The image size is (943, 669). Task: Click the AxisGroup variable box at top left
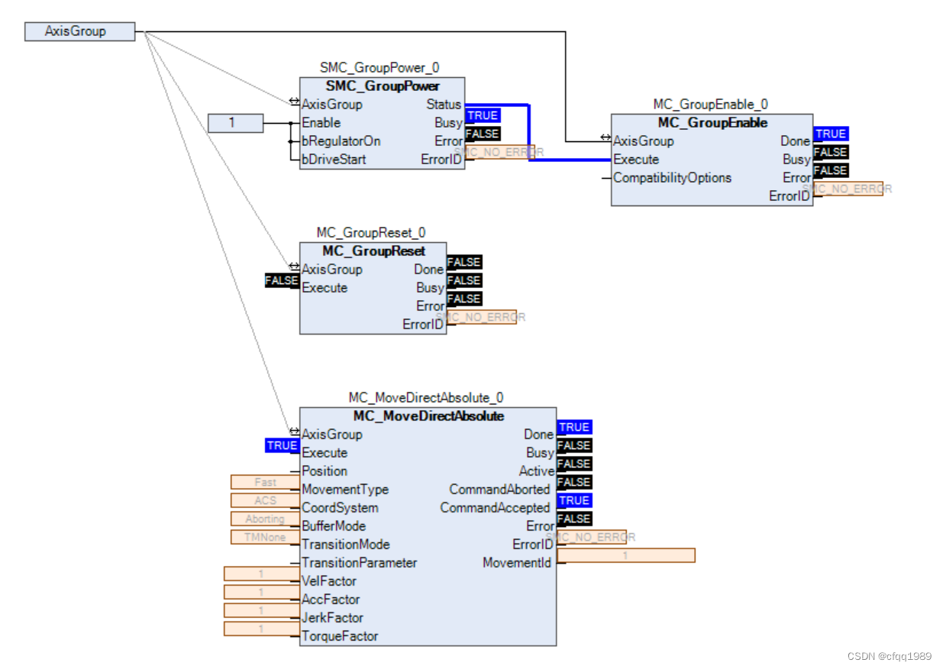click(79, 31)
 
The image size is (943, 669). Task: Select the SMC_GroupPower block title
click(383, 86)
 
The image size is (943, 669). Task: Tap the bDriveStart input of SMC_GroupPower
click(334, 159)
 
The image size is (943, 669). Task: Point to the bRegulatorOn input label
click(341, 141)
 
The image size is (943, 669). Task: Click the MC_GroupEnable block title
click(712, 122)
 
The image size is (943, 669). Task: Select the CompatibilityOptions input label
click(672, 177)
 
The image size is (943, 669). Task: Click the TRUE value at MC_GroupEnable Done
click(831, 134)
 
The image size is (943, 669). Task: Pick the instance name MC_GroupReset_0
click(371, 232)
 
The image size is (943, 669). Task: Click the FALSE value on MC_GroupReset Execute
click(282, 280)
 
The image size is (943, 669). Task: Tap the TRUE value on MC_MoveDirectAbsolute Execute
click(282, 445)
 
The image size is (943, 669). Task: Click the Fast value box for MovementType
click(266, 482)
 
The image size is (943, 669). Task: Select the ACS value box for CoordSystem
click(266, 500)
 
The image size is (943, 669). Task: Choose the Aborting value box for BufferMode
click(266, 519)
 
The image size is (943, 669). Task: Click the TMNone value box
click(266, 537)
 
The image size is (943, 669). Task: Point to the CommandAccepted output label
click(495, 507)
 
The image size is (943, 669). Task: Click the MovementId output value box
click(626, 555)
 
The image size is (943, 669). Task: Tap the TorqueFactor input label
click(340, 635)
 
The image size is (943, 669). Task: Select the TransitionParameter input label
click(359, 562)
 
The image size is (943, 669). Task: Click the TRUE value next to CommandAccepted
click(575, 500)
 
